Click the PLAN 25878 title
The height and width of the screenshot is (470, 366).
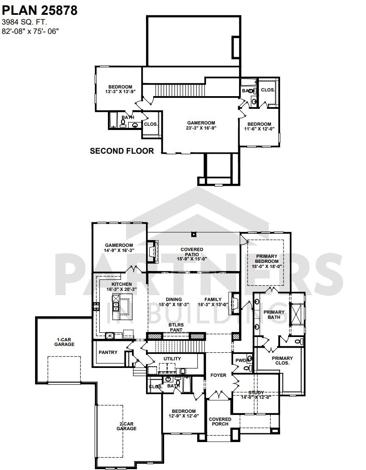tap(39, 11)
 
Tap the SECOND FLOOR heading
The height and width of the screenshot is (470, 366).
tap(122, 151)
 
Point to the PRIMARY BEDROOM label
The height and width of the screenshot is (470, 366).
tap(266, 259)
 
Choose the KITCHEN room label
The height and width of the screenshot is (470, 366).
tap(121, 284)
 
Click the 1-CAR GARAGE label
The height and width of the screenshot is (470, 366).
tap(64, 342)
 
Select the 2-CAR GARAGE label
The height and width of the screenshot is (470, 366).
tap(127, 426)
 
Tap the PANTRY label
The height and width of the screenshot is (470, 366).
tap(108, 352)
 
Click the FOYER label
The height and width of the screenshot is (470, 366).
tap(218, 375)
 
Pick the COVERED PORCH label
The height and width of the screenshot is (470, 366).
tap(220, 422)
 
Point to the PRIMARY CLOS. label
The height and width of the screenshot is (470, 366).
tap(282, 361)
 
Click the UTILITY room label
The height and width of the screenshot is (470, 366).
tap(172, 359)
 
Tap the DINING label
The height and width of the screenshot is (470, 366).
tap(173, 299)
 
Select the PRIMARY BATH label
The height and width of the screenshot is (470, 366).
tap(274, 315)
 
